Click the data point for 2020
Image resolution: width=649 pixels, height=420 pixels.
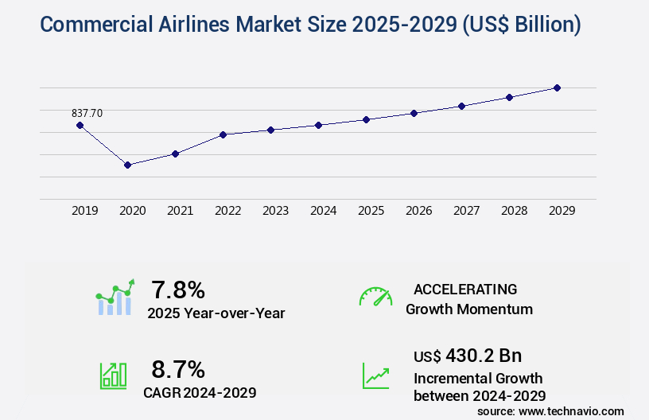[127, 165]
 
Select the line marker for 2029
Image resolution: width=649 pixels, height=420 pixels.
[557, 87]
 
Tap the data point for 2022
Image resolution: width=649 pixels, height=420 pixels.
[223, 134]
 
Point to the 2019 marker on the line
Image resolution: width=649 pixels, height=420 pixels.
[80, 125]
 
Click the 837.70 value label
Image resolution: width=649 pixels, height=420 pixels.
[87, 113]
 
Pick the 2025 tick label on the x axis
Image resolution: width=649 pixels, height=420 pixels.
[371, 211]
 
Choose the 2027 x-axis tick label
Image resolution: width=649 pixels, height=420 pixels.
[466, 211]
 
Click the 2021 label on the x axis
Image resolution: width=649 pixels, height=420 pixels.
[180, 211]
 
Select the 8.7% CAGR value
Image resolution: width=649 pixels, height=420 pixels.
[178, 369]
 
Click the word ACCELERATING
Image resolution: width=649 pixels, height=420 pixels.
[465, 290]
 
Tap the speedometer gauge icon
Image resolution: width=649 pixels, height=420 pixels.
[375, 297]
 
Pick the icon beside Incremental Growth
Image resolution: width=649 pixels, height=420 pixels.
[375, 375]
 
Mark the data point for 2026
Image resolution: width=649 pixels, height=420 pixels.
[414, 113]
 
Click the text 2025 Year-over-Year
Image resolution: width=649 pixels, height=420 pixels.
[216, 313]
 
